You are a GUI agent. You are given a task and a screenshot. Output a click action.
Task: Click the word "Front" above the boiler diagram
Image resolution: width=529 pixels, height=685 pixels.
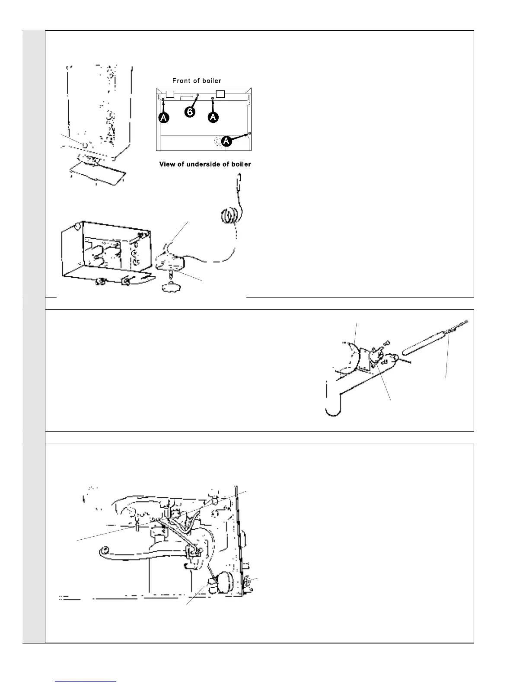(x=182, y=81)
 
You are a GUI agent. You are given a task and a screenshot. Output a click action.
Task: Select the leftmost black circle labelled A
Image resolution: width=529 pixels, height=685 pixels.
(x=163, y=118)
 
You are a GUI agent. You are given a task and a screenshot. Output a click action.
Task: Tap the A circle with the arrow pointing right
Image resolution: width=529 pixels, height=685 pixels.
(x=227, y=141)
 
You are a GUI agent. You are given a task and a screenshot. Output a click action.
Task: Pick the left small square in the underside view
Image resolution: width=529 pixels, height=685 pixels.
(x=170, y=94)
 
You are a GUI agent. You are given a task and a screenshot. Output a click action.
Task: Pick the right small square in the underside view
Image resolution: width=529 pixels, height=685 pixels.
(x=220, y=94)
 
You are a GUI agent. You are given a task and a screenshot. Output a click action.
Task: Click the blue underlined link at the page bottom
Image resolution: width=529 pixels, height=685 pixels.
(x=86, y=681)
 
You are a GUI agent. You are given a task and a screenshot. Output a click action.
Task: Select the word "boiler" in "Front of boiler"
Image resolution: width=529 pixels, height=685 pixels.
(x=211, y=81)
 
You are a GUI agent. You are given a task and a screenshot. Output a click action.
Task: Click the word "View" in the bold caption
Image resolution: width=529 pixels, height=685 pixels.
(x=167, y=164)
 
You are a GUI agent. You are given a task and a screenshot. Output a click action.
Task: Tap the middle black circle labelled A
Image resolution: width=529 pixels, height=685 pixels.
(x=213, y=118)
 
